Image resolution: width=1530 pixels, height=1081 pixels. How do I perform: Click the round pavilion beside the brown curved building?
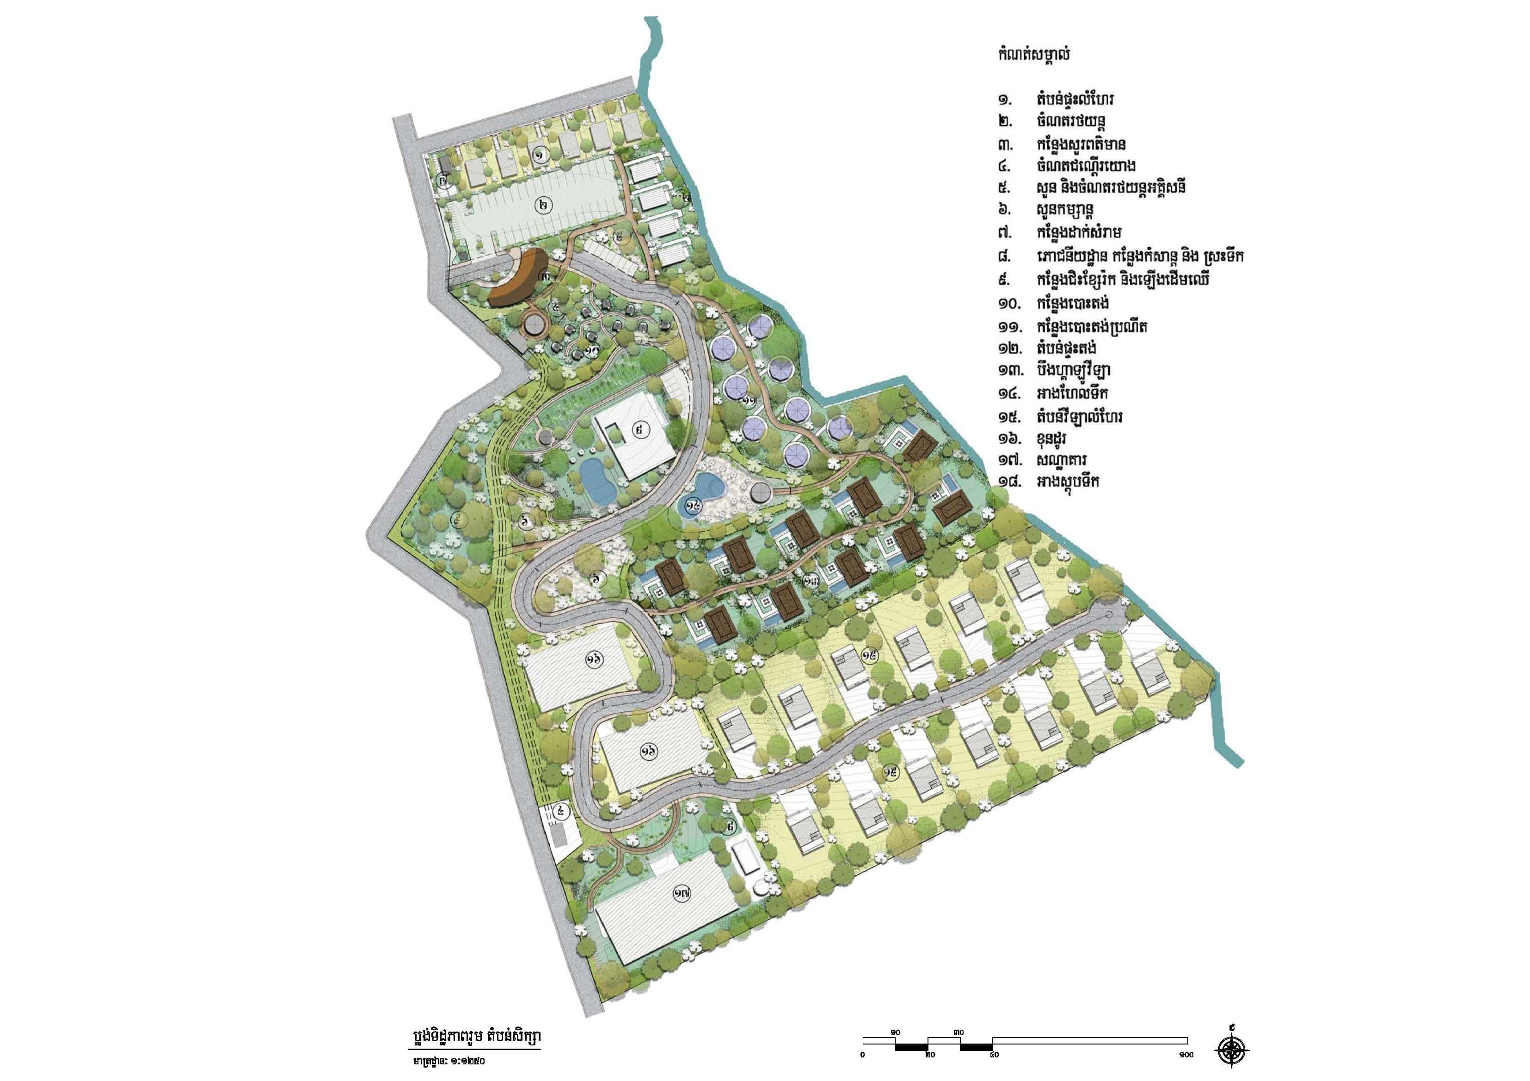point(535,325)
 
